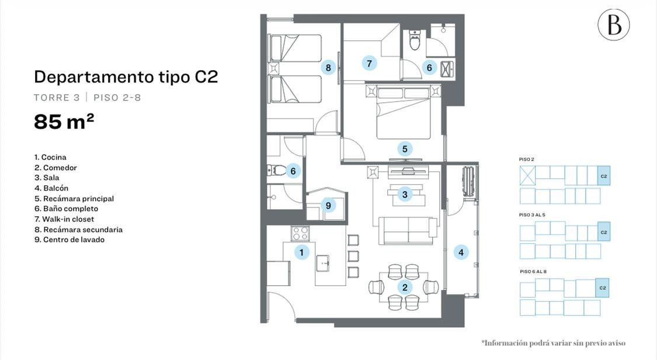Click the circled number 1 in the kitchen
coord(301,252)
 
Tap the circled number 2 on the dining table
coord(405,287)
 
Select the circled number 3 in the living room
coord(405,195)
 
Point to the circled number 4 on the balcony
coord(461,252)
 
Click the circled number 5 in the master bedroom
coord(405,149)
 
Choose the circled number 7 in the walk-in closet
coord(369,63)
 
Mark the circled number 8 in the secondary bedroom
coord(328,67)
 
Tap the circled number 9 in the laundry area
coord(328,205)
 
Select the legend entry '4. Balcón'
coord(51,188)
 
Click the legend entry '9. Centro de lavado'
coord(69,240)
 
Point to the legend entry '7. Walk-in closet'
coord(64,219)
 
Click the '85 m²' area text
coord(64,122)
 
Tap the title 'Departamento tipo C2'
coord(126,77)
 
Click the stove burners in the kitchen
coord(300,233)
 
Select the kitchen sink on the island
coord(322,263)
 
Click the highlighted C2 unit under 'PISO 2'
coord(604,176)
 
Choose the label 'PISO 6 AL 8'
coord(533,272)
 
